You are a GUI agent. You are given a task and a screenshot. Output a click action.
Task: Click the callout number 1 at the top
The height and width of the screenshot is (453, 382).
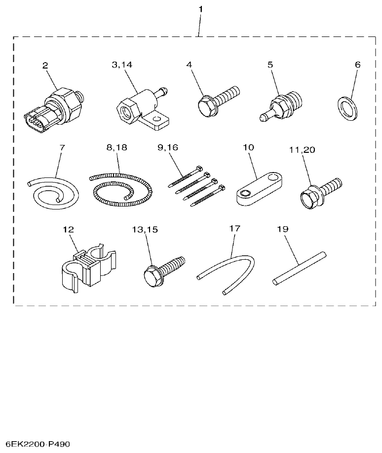coord(200,9)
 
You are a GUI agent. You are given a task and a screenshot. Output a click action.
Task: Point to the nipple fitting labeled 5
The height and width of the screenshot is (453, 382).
coord(281,104)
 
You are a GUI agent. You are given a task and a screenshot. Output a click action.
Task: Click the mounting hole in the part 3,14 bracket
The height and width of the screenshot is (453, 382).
coord(157,119)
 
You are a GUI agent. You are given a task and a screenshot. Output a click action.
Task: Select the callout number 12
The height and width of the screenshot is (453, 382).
coord(68,229)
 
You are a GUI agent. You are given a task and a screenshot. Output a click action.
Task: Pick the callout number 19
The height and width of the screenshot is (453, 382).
coord(283,229)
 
